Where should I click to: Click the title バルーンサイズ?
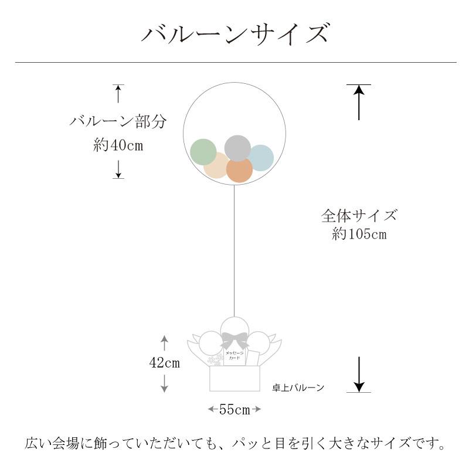click(235, 33)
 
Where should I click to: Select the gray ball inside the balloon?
click(237, 147)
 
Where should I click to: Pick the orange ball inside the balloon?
click(239, 169)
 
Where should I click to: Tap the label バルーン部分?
click(118, 121)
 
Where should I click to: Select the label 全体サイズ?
click(359, 215)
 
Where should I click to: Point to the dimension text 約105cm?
click(359, 235)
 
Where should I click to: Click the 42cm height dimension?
click(164, 363)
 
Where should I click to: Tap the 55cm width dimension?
click(235, 410)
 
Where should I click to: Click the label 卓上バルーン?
click(298, 388)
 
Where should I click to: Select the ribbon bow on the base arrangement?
click(234, 341)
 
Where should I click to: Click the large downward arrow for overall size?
click(359, 373)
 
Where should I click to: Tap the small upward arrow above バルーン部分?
click(118, 94)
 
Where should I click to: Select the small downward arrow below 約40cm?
click(118, 169)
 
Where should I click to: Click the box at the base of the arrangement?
click(235, 379)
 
